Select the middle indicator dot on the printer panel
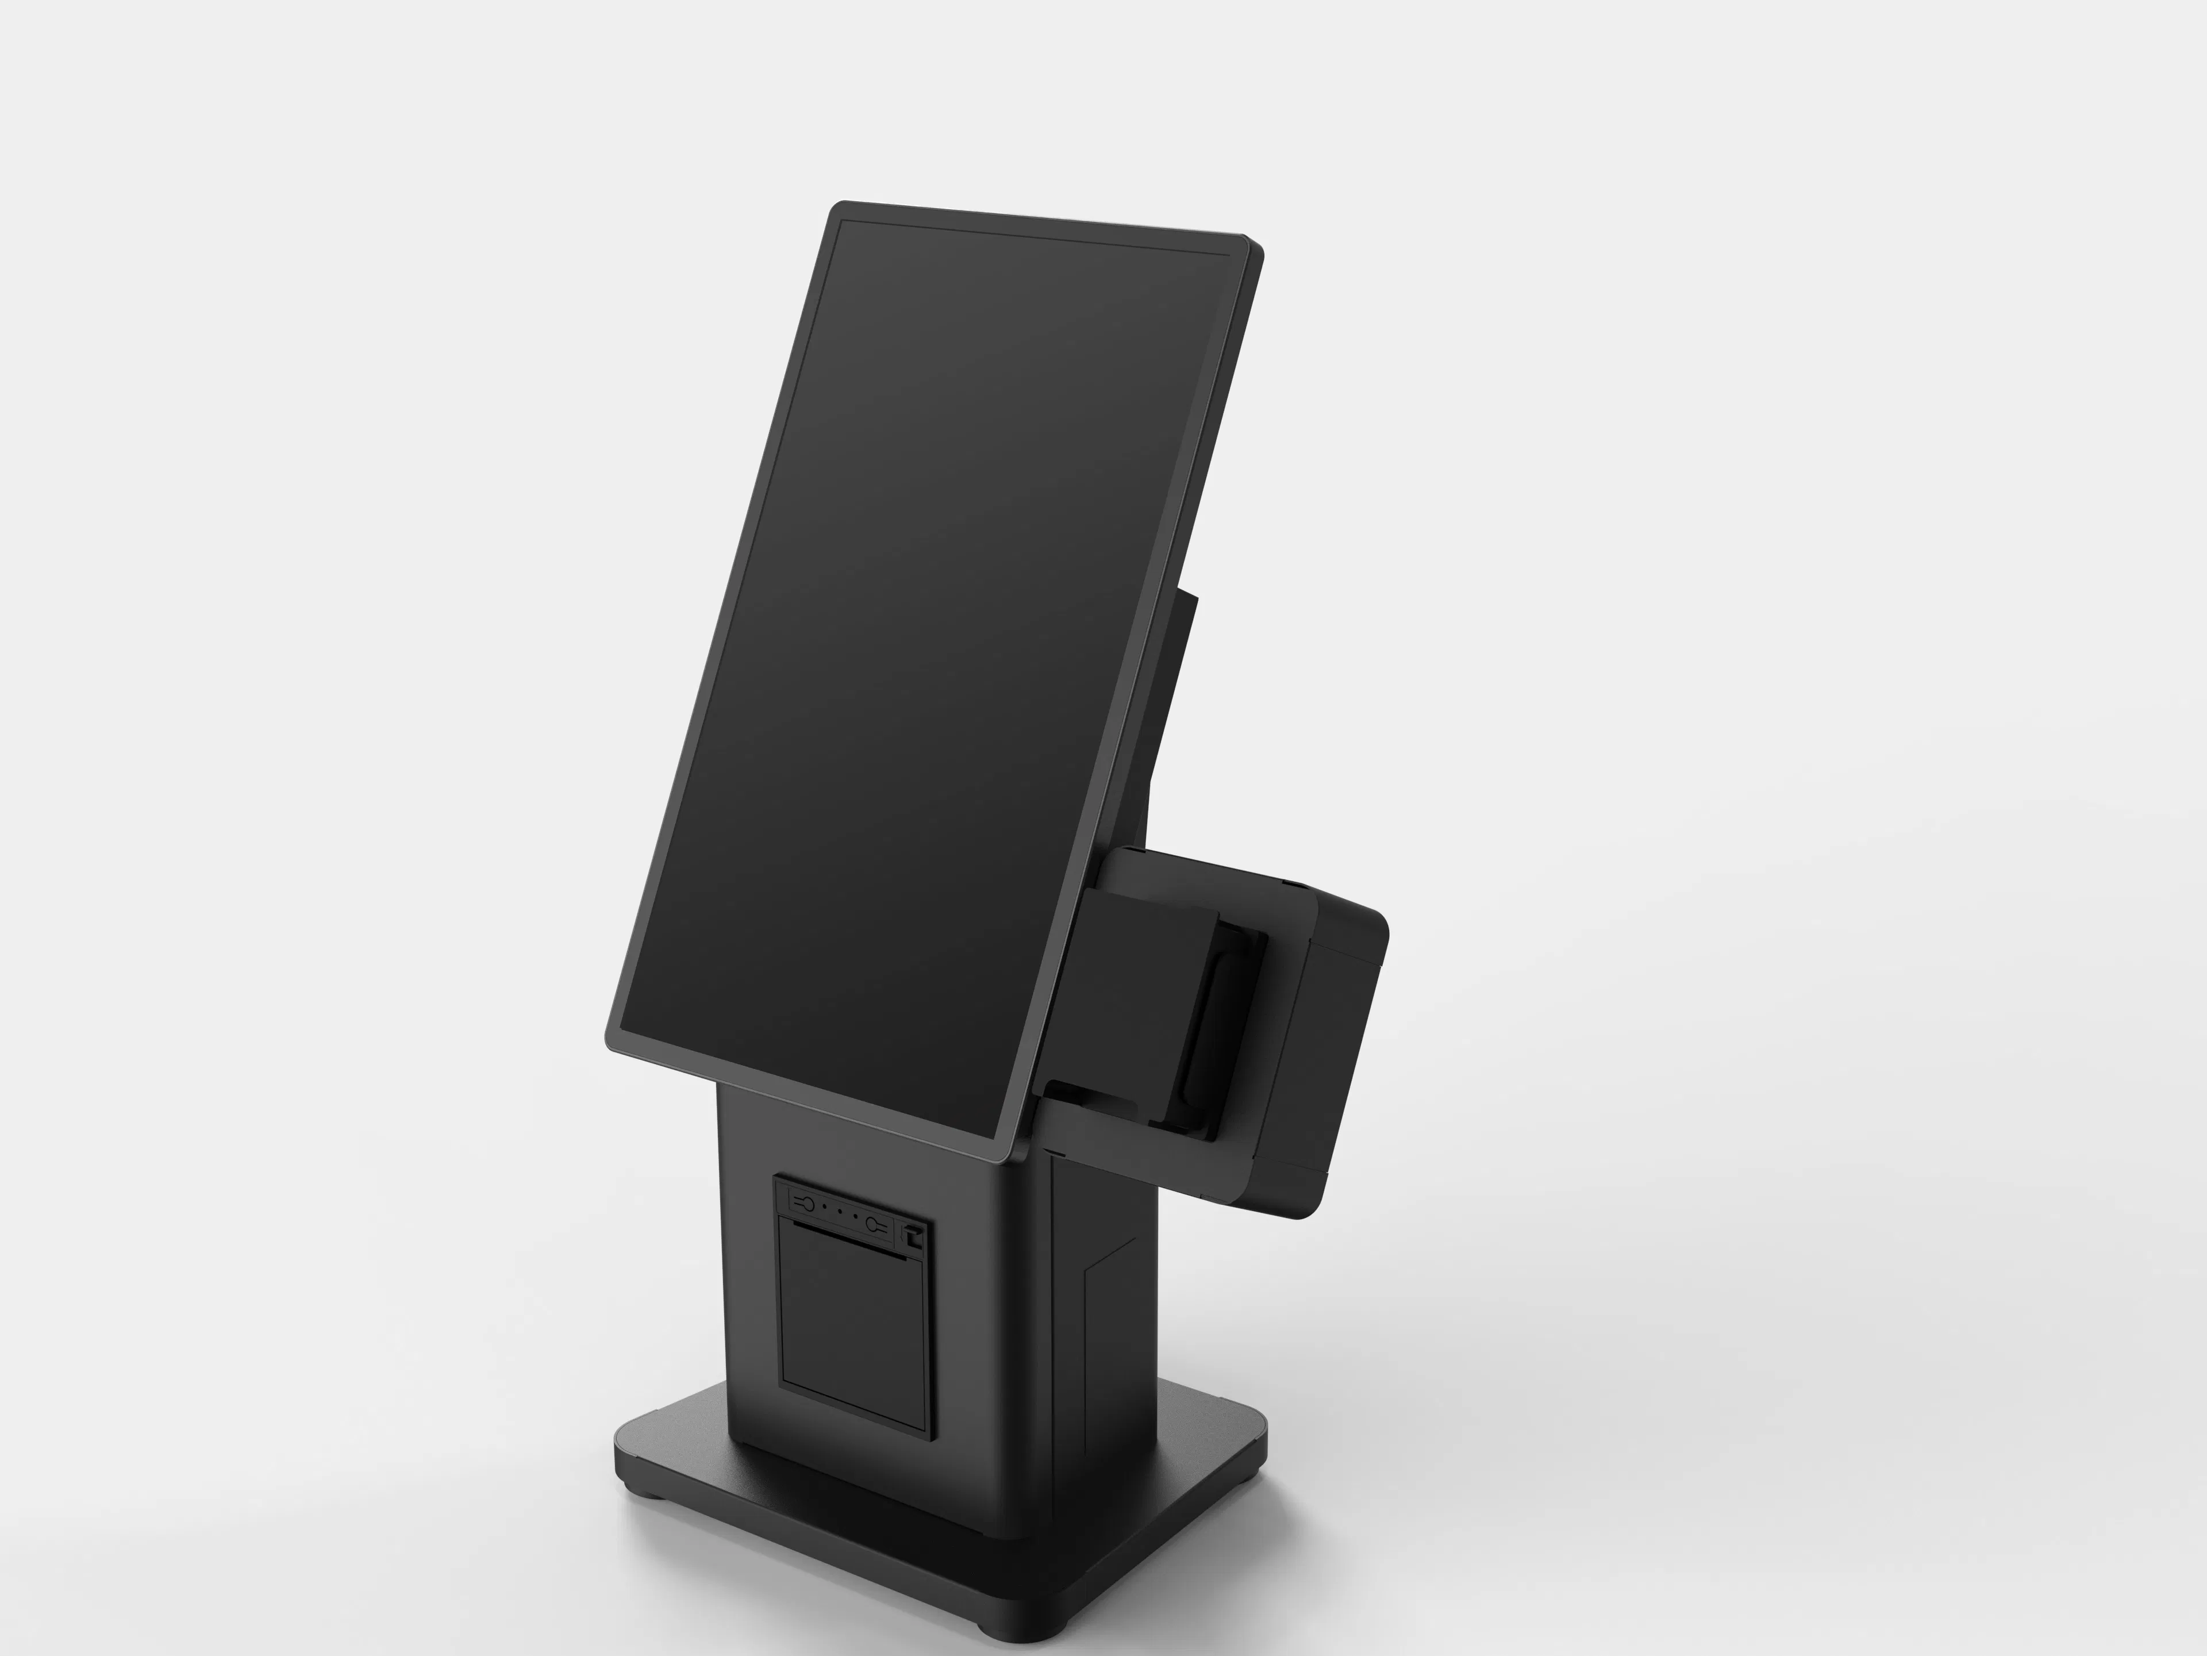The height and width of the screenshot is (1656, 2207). point(840,1215)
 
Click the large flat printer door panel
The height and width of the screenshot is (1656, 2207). point(853,1327)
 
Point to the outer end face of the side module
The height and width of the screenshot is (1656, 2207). point(1337,1058)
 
